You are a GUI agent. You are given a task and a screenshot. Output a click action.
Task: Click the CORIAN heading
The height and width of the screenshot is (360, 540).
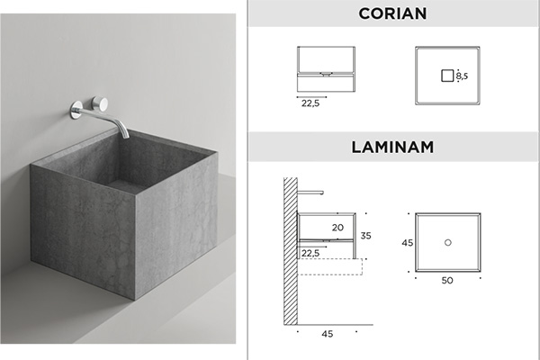[392, 13]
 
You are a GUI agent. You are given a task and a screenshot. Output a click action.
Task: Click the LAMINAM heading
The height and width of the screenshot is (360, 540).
[392, 147]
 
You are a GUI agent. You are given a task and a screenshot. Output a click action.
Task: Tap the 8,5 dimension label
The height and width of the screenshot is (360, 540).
[463, 76]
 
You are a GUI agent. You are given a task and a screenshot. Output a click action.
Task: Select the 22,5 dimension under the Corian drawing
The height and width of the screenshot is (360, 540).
[310, 103]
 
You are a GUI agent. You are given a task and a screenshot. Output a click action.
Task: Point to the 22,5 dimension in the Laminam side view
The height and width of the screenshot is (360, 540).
[310, 253]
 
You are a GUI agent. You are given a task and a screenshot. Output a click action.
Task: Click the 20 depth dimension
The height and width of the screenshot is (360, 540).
[337, 228]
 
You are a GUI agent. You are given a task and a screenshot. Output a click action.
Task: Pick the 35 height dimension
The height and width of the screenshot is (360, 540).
[365, 236]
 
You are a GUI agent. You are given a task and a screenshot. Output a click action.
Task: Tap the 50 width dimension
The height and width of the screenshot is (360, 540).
[447, 281]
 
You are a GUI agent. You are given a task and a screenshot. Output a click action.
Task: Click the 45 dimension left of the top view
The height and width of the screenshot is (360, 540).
[407, 243]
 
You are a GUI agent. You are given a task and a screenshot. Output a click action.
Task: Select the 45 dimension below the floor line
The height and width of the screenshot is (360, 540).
[328, 334]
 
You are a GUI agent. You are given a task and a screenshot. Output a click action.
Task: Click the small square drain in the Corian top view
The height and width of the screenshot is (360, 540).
[447, 76]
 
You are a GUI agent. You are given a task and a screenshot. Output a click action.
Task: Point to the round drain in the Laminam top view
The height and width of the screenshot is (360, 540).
[447, 242]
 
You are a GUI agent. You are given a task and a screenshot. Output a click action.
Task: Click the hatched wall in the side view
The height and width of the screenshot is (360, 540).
[291, 251]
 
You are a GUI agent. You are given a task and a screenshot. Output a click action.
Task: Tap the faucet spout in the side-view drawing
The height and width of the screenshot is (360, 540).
[310, 192]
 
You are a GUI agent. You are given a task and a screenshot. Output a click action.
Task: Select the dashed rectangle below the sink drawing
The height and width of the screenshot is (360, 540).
[330, 266]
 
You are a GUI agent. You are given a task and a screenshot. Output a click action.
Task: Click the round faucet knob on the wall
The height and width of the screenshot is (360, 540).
[100, 103]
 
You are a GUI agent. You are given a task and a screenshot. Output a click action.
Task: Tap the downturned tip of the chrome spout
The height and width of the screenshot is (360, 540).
[125, 135]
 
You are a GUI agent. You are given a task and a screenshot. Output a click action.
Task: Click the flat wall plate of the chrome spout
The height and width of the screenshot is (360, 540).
[76, 110]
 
